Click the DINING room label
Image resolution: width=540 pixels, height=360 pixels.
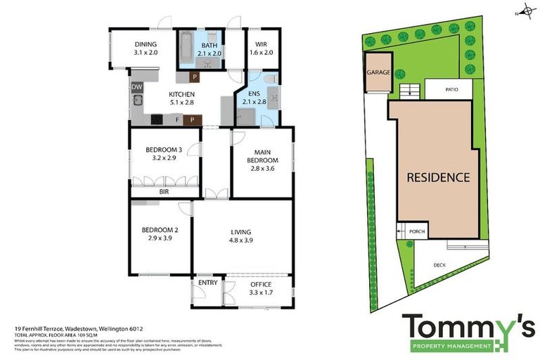pos(146,44)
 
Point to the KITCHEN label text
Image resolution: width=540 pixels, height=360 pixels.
pos(181,94)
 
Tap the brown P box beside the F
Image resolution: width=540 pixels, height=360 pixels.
pos(192,120)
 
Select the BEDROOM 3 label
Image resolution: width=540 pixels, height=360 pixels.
pos(163,149)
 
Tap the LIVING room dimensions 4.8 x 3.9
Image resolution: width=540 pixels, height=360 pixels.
pos(241,240)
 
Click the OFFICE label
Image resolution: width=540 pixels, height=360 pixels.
pos(261,283)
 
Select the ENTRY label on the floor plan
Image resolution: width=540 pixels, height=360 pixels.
pos(207,283)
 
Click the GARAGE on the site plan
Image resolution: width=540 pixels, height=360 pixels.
pos(377,72)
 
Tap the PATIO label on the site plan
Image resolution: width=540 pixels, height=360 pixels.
pos(452,89)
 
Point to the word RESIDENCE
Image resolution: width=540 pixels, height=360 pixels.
pos(438,177)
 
